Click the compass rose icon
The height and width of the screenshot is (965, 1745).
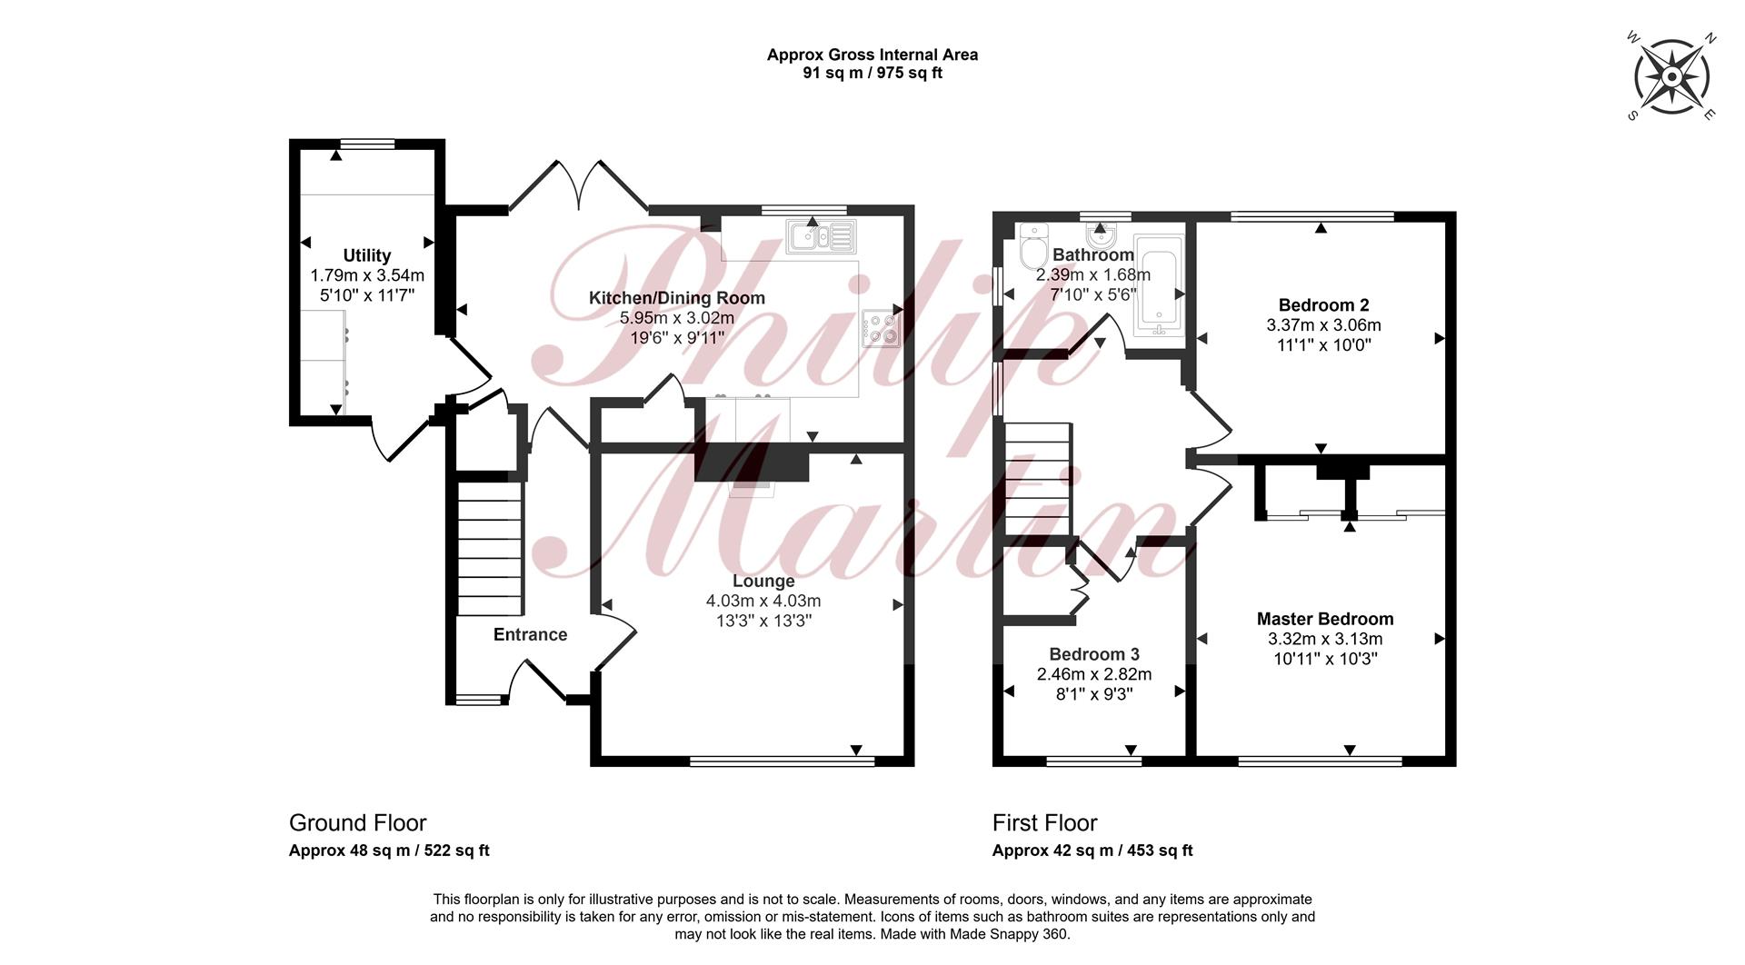point(1672,77)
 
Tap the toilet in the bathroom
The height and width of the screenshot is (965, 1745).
point(1033,246)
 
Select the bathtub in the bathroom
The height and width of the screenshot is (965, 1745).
point(1158,284)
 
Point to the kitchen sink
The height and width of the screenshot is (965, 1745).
point(821,236)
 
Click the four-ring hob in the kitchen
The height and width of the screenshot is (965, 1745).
point(881,328)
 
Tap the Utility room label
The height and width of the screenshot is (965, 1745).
point(367,255)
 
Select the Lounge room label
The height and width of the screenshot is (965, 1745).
point(763,581)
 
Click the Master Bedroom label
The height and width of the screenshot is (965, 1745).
point(1325,619)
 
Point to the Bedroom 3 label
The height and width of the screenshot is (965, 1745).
point(1094,654)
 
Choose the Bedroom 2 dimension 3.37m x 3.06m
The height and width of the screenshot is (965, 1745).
point(1323,325)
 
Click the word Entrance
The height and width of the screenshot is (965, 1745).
point(530,634)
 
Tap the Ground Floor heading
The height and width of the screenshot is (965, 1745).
point(357,823)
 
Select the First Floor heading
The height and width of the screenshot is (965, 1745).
point(1044,823)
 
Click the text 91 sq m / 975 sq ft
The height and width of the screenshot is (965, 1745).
point(872,73)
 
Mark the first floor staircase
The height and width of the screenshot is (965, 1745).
point(1037,480)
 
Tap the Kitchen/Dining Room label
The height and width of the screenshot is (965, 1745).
point(677,298)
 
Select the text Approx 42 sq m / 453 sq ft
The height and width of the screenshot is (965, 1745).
point(1092,851)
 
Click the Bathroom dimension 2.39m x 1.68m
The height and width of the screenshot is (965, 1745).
point(1093,274)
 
